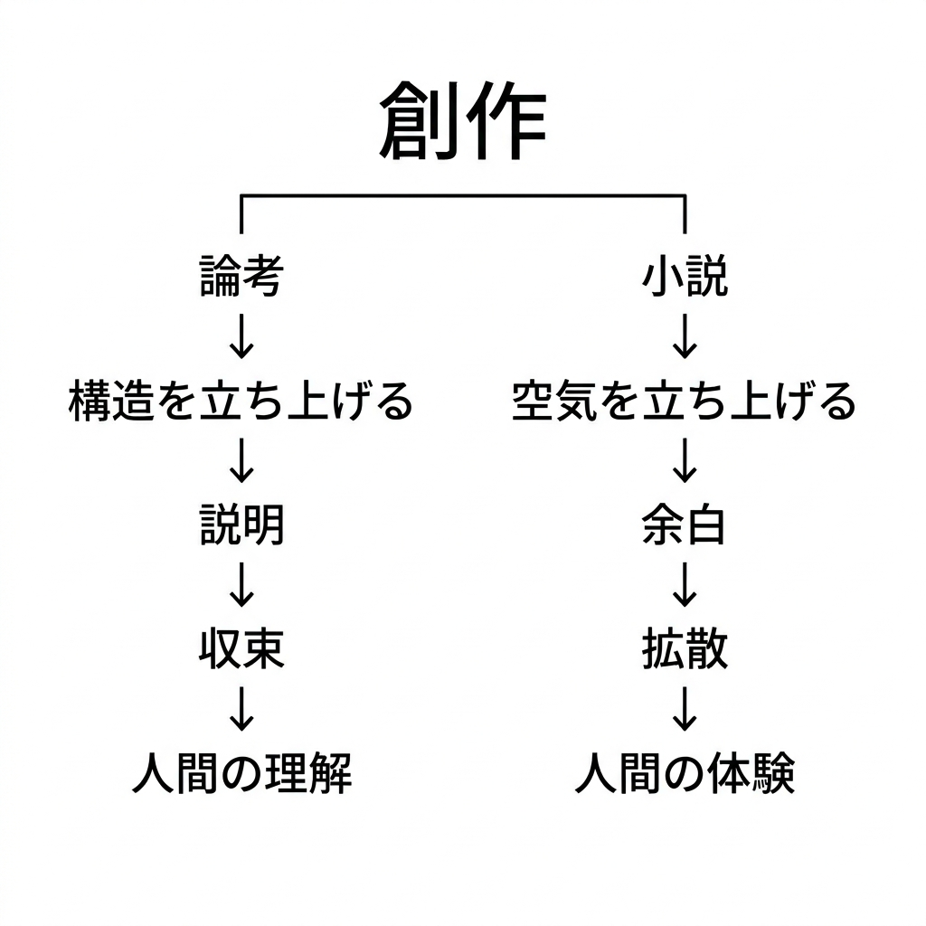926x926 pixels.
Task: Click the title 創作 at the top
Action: (462, 123)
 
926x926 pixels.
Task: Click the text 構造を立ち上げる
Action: (241, 401)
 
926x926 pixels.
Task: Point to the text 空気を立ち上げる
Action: (684, 401)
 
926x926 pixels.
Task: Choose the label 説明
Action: (241, 524)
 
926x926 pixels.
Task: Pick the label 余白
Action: (685, 524)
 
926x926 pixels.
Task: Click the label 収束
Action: (241, 648)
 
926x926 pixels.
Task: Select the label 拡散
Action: (685, 648)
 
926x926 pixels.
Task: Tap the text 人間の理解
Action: (241, 774)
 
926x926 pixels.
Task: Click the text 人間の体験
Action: (685, 774)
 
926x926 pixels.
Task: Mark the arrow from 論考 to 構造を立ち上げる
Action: (241, 336)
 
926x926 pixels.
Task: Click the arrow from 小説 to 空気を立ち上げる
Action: (685, 336)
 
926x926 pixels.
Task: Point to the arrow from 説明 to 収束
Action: (241, 585)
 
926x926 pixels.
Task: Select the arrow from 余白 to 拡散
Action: (685, 585)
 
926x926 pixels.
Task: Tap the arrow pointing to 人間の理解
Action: (241, 709)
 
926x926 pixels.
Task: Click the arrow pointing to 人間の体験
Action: (685, 709)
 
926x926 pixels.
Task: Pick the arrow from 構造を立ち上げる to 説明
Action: (241, 461)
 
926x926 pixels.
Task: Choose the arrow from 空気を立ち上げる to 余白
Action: (685, 461)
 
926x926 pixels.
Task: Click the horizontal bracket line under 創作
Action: (462, 194)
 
